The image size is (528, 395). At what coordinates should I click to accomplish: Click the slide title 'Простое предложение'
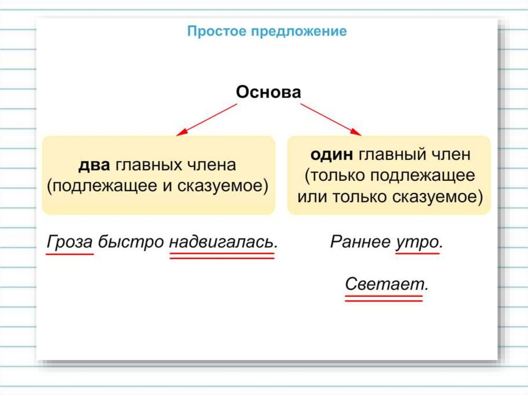[x=267, y=31]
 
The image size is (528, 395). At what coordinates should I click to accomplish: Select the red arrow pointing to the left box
[x=207, y=119]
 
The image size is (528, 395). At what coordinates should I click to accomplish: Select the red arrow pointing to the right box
[x=331, y=119]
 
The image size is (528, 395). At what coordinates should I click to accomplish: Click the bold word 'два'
[x=94, y=165]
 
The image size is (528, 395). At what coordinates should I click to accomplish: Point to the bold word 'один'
[x=331, y=154]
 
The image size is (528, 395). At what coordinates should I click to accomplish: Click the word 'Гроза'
[x=70, y=242]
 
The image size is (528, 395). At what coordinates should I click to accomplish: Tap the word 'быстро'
[x=130, y=242]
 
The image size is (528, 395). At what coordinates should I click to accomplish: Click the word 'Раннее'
[x=359, y=242]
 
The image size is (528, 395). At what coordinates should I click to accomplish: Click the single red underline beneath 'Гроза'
[x=70, y=254]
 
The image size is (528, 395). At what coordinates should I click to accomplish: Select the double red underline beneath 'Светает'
[x=384, y=298]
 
